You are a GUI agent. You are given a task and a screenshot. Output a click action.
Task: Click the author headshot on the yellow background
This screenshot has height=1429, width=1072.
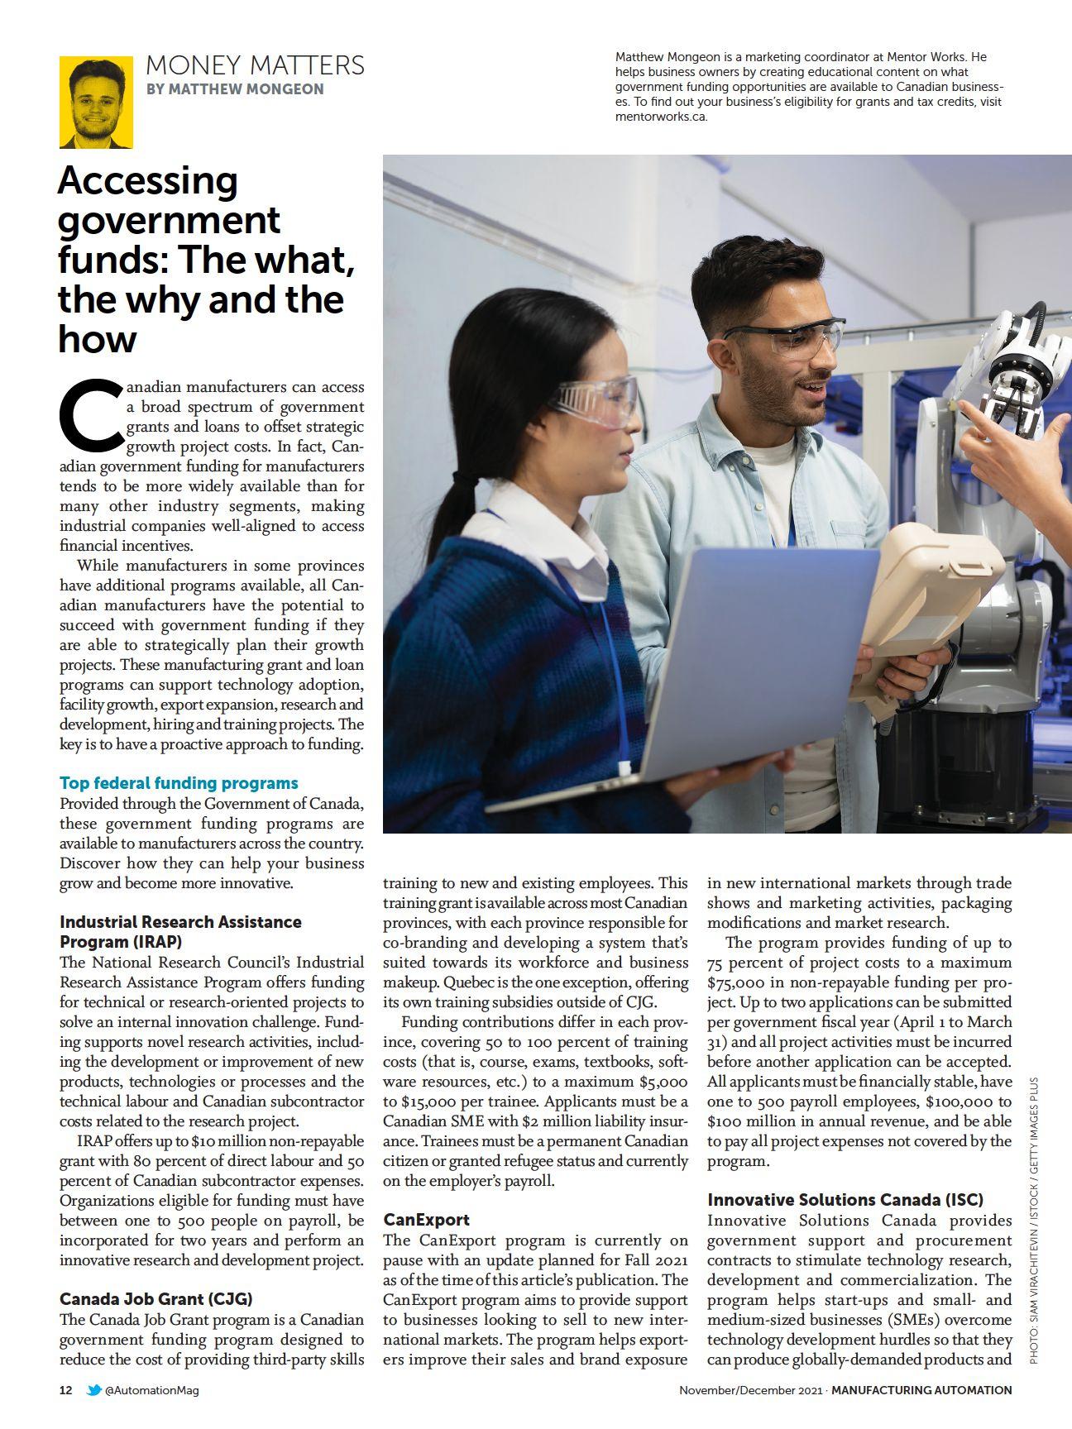96,102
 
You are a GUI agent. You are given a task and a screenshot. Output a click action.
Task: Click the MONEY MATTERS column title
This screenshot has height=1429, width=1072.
255,65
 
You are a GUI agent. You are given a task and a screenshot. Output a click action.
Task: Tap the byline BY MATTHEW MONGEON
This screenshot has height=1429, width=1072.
235,89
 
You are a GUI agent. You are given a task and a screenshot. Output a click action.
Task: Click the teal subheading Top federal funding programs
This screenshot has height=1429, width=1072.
179,783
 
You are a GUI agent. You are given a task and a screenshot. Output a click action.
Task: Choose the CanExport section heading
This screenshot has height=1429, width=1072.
426,1220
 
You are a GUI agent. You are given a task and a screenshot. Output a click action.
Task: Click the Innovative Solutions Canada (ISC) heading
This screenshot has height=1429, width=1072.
845,1200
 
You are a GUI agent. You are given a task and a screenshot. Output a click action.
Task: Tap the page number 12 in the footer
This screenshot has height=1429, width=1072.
66,1390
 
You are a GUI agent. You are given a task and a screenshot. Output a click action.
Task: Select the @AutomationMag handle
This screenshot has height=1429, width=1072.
152,1390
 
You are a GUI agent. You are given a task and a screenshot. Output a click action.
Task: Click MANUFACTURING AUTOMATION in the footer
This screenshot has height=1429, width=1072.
921,1390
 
